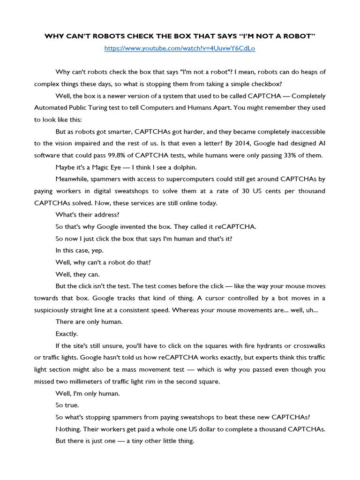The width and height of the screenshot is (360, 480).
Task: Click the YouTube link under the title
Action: click(x=180, y=48)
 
